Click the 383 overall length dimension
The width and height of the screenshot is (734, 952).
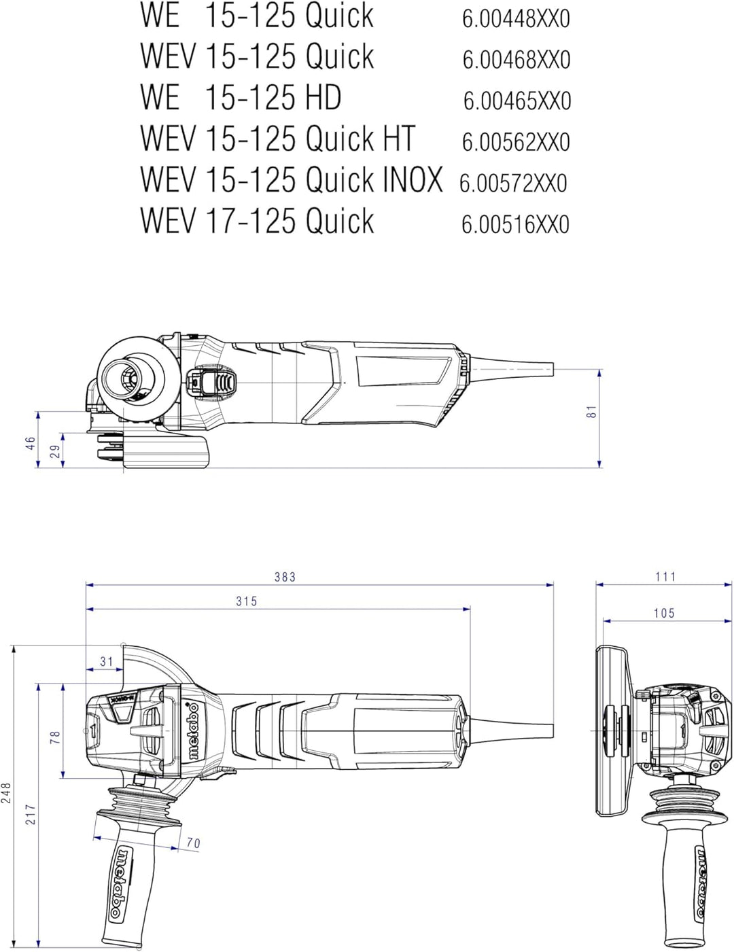(x=285, y=577)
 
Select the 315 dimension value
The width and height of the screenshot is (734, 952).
(x=246, y=601)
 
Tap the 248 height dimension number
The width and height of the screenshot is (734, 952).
(x=6, y=793)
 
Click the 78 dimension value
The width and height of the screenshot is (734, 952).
(x=55, y=738)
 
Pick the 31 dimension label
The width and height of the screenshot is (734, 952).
(x=107, y=661)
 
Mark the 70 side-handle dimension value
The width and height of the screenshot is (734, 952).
(x=193, y=843)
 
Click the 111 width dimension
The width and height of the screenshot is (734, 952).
(x=665, y=576)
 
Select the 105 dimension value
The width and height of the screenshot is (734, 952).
(x=664, y=613)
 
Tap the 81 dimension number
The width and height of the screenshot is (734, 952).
(x=591, y=412)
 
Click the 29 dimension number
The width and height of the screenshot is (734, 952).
(x=56, y=451)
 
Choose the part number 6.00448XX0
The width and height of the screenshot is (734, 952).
(x=517, y=19)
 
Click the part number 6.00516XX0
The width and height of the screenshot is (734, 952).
(x=515, y=224)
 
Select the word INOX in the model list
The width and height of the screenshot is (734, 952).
(x=413, y=179)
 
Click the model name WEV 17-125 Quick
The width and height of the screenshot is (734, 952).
(x=257, y=220)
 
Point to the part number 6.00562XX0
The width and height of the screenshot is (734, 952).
(x=517, y=142)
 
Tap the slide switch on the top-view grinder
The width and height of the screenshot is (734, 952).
(x=211, y=383)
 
